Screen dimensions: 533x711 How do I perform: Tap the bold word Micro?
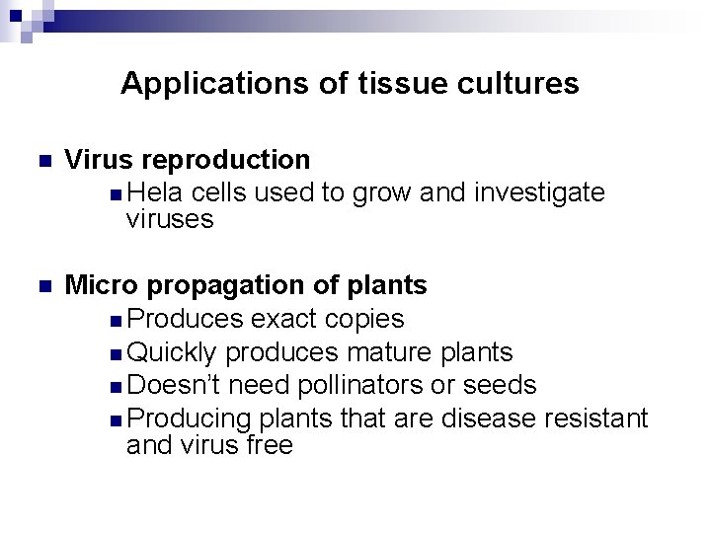click(x=102, y=285)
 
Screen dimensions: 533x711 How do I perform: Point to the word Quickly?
click(x=174, y=351)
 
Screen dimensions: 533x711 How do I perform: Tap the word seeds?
click(x=500, y=384)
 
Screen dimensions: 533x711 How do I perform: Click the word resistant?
click(x=595, y=418)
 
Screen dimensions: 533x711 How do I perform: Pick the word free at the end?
click(x=271, y=445)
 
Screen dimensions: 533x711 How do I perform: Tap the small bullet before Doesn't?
click(x=118, y=386)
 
